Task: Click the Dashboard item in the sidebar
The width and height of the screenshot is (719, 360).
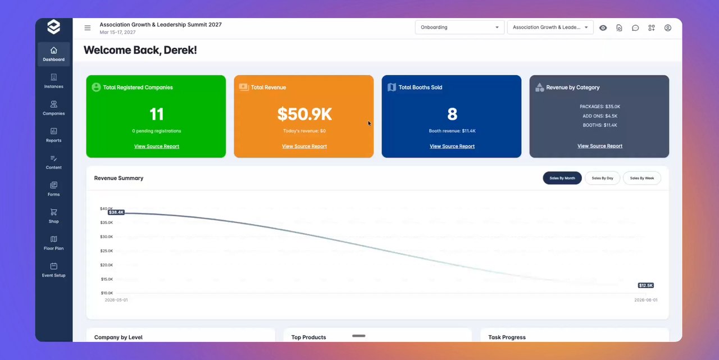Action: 53,54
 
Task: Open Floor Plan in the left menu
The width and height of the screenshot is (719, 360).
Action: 53,243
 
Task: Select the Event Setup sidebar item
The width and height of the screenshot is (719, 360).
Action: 53,270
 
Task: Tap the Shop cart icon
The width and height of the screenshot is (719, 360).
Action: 53,212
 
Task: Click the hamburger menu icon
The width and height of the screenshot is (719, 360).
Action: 87,28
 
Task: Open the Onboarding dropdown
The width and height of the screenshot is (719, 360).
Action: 459,28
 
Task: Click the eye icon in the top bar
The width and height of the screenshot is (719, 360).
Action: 603,28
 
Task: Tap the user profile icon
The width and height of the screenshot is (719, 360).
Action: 668,28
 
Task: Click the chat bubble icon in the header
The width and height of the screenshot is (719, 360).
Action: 635,28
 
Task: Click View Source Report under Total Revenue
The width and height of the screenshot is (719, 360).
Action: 304,147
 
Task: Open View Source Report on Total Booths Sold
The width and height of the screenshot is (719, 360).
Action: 452,147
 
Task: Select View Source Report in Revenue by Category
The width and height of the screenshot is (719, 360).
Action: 599,146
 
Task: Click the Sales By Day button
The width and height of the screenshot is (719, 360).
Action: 602,178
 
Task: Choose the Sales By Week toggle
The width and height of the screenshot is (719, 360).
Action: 641,178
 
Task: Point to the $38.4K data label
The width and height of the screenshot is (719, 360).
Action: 116,212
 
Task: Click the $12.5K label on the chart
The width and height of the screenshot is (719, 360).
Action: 645,285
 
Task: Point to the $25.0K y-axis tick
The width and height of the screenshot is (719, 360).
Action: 107,251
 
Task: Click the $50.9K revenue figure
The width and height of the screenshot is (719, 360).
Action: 304,114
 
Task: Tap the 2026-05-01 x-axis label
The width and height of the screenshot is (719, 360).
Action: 116,300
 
